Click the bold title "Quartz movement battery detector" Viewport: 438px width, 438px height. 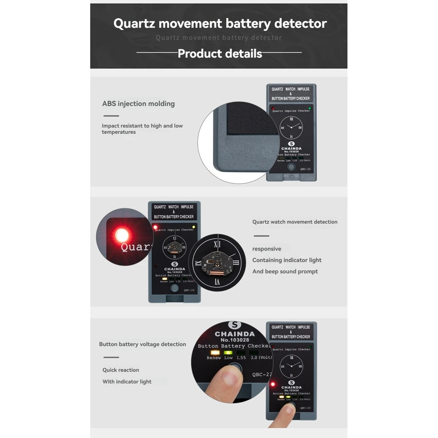pos(220,23)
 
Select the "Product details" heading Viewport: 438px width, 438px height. pos(220,54)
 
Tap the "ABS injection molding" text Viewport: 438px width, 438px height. pos(138,104)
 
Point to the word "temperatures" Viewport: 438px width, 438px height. pos(119,132)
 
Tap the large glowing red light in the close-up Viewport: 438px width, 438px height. pos(122,235)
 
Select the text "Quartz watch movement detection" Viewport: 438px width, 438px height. pos(294,222)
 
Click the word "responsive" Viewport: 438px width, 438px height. pos(266,249)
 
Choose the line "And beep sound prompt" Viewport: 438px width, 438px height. pos(285,272)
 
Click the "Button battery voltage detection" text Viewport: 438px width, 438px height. pos(142,344)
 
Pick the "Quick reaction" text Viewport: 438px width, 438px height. pos(121,370)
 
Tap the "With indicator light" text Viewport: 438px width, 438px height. pos(127,382)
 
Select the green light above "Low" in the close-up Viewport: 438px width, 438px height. pos(228,352)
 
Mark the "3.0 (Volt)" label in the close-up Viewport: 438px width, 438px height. pos(261,358)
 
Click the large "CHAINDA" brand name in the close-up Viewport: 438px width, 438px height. pos(235,334)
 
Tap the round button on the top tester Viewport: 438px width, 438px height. pos(291,167)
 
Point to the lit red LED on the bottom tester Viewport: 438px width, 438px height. pos(273,384)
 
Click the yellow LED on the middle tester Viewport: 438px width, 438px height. pos(194,227)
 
